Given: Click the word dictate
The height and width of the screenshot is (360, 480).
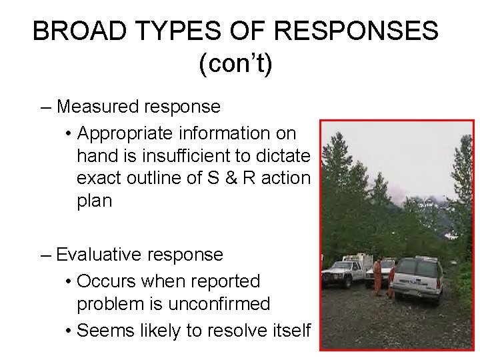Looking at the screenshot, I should coord(287,156).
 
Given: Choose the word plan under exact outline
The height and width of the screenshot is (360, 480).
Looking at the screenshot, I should coord(95,201).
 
